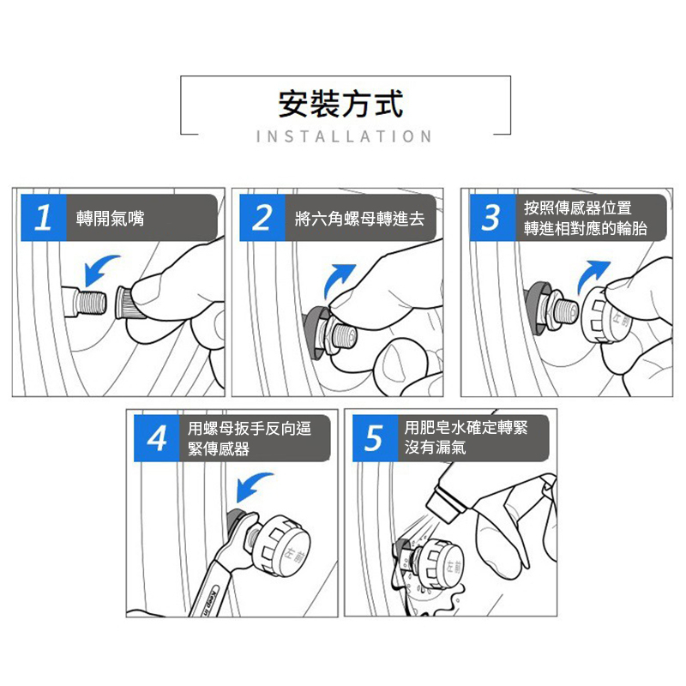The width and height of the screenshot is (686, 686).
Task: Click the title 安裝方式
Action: click(340, 104)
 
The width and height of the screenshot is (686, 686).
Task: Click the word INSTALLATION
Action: click(345, 136)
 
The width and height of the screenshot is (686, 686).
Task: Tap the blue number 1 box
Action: click(44, 218)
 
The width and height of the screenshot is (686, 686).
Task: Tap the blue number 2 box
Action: click(262, 218)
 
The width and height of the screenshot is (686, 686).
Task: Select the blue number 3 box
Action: click(492, 218)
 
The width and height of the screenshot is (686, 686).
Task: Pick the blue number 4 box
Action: click(157, 438)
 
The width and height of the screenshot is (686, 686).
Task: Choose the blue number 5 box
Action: click(375, 438)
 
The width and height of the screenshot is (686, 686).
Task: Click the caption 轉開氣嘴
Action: click(111, 218)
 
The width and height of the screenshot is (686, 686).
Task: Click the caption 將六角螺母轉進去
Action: click(359, 219)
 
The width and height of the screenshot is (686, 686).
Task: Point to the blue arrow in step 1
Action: click(99, 268)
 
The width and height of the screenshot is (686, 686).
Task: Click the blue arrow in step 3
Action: click(591, 274)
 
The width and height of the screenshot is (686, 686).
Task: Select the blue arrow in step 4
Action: click(251, 484)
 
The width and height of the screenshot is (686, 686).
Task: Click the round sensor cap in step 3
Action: click(606, 314)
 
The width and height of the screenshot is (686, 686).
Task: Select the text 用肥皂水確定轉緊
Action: click(466, 427)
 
